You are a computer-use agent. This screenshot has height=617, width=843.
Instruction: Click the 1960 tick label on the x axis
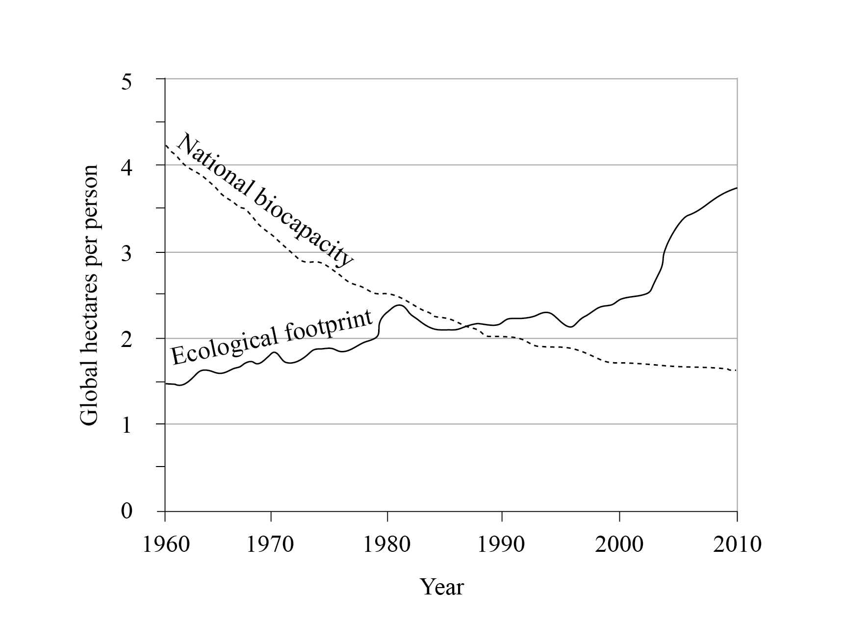coord(165,544)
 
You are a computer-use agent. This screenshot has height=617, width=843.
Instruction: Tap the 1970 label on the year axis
coord(270,544)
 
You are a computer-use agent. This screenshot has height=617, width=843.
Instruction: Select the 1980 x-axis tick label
coord(387,544)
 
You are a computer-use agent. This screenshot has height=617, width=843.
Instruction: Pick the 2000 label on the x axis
coord(619,544)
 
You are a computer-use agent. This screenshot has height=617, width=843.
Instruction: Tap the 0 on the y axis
coord(127,511)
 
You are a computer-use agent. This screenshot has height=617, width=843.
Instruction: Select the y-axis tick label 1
coord(127,425)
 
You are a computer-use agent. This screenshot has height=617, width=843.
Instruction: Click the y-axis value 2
coord(127,339)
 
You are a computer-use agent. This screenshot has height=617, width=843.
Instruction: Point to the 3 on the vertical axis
coord(127,252)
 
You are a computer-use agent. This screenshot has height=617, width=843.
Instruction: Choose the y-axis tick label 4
coord(127,166)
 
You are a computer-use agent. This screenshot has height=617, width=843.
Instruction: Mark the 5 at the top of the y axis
coord(127,80)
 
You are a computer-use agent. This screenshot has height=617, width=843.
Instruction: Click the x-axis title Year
coord(442,586)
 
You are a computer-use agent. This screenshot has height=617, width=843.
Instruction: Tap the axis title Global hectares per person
coord(89,295)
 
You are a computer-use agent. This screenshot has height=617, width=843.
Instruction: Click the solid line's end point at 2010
coord(737,188)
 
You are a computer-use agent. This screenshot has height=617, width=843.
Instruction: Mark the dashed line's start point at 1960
coord(166,145)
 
